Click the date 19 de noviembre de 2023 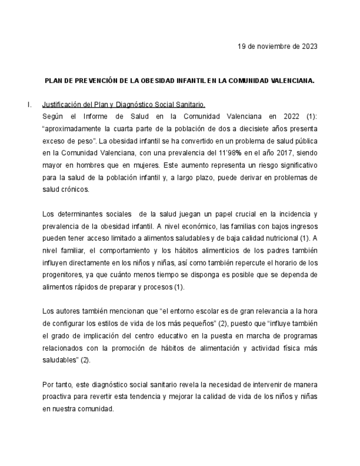coord(277,46)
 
